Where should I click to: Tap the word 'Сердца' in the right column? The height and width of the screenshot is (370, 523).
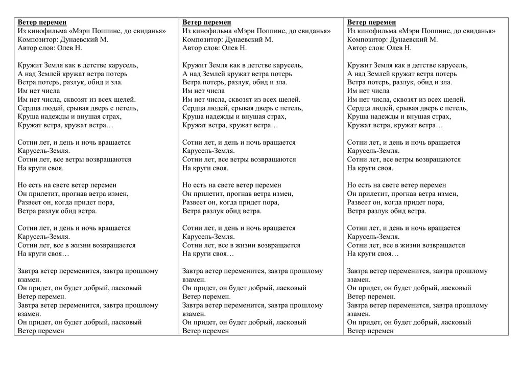click(358, 108)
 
